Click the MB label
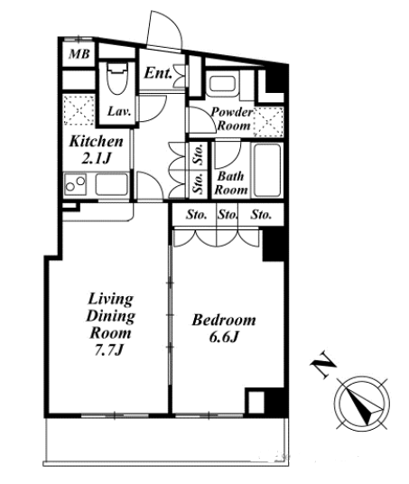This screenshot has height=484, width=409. [x=79, y=54]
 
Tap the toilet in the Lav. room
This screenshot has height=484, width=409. [x=117, y=79]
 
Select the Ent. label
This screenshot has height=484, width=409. [x=158, y=73]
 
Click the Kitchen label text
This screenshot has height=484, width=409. [x=97, y=142]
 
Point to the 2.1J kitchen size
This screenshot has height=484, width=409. [x=96, y=158]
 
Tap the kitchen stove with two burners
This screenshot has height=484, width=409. [x=75, y=184]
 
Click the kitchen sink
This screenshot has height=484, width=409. [x=112, y=184]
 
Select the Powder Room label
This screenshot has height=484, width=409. [x=232, y=119]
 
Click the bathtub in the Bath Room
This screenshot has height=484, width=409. [x=267, y=170]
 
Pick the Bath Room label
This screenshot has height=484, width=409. [x=231, y=183]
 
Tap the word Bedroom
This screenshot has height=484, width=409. [x=224, y=320]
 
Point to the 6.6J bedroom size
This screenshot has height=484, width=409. [x=224, y=338]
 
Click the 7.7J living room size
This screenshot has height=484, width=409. [x=108, y=350]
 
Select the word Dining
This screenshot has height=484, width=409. [x=110, y=316]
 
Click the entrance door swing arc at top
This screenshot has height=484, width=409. [x=170, y=23]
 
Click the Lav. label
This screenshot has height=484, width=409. [x=119, y=111]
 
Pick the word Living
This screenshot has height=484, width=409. [x=111, y=299]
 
